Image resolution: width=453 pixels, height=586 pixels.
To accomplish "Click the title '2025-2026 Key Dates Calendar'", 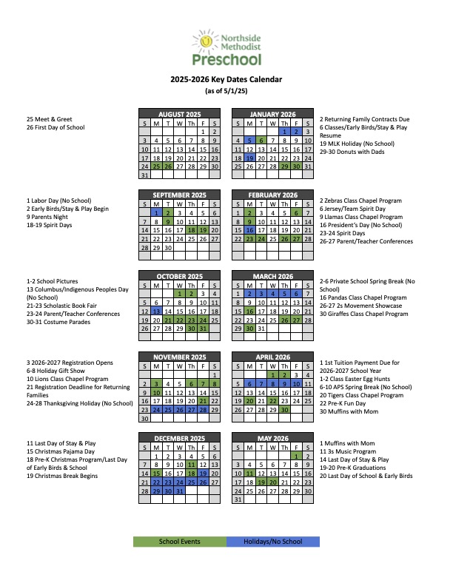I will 226,80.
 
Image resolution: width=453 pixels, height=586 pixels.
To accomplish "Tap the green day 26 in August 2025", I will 168,166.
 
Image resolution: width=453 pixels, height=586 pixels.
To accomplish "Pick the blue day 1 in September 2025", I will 156,212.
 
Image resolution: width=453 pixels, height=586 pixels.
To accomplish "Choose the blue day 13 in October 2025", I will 156,311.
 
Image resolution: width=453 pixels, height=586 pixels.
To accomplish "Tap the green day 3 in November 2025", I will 156,383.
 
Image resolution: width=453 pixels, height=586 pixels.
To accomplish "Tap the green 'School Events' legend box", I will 180,542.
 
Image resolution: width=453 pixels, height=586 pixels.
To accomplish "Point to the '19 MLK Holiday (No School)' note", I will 357,143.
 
